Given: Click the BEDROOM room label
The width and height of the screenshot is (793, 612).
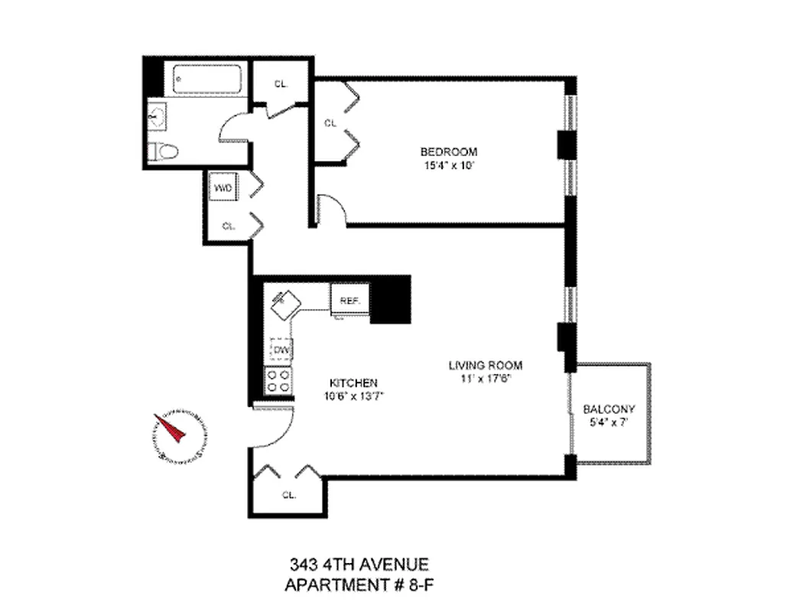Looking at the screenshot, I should click(448, 151).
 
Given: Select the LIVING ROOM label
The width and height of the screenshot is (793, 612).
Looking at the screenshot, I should click(485, 366).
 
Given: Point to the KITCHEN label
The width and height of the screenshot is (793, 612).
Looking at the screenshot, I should click(352, 382).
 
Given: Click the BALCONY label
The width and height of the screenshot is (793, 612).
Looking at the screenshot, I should click(609, 409).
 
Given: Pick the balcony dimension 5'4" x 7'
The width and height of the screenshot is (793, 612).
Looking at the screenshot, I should click(609, 422).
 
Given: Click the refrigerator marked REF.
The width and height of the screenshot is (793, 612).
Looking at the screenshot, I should click(350, 299).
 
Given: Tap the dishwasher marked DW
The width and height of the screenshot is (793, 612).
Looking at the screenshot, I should click(281, 350).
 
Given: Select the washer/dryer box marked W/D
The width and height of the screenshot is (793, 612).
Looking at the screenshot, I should click(223, 187).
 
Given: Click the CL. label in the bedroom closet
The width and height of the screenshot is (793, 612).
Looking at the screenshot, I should click(330, 122).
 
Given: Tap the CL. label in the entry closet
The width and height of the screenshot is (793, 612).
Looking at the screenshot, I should click(289, 495).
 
